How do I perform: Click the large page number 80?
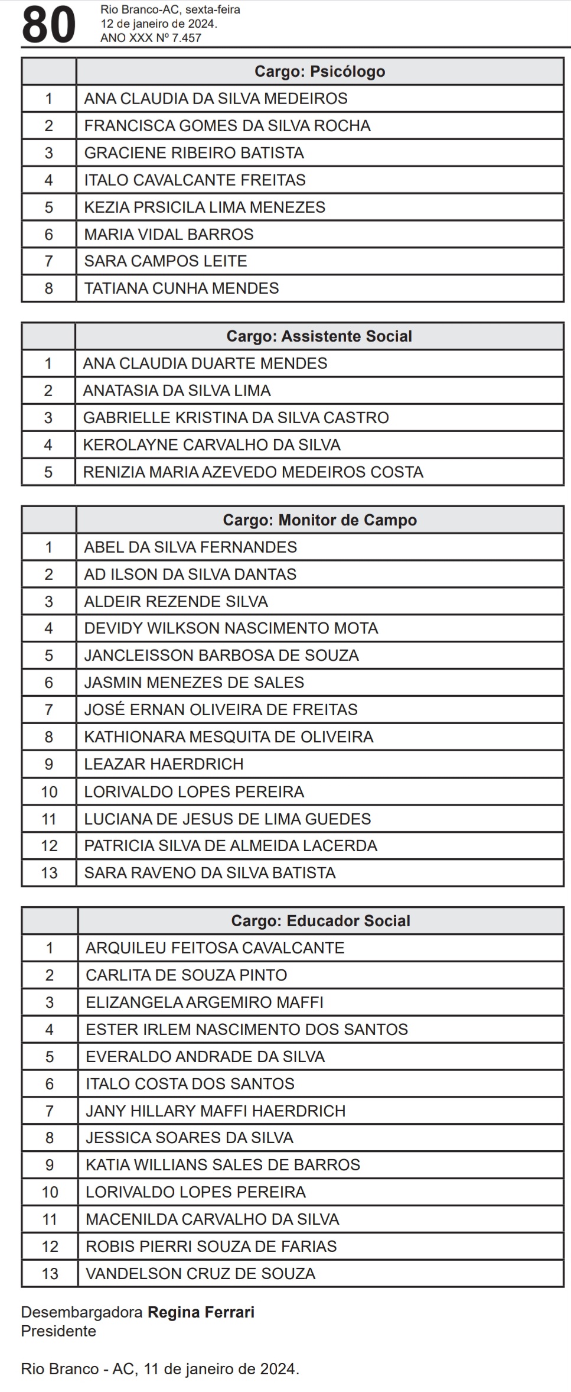click(48, 25)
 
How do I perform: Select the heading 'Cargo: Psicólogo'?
click(319, 72)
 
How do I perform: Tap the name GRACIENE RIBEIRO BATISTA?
click(194, 153)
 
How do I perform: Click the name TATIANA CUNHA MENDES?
click(181, 288)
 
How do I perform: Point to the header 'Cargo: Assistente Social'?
click(319, 336)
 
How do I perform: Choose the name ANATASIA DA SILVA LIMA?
click(177, 391)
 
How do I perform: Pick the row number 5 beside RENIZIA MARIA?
click(48, 472)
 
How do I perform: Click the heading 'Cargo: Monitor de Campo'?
click(319, 520)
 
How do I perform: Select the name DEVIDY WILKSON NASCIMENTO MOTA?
click(231, 628)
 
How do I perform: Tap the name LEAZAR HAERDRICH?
click(164, 764)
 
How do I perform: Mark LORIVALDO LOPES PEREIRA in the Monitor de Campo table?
click(194, 792)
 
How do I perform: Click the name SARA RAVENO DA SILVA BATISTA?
click(210, 873)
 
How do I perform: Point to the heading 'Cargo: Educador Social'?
click(320, 921)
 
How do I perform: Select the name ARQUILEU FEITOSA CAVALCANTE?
click(214, 948)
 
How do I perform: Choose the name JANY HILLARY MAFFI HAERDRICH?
click(216, 1111)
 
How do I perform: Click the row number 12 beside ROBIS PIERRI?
click(50, 1247)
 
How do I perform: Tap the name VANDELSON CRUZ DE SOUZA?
click(200, 1274)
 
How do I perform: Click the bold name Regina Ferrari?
click(201, 1313)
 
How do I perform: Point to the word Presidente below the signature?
click(58, 1331)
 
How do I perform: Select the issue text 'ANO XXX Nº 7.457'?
click(151, 38)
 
